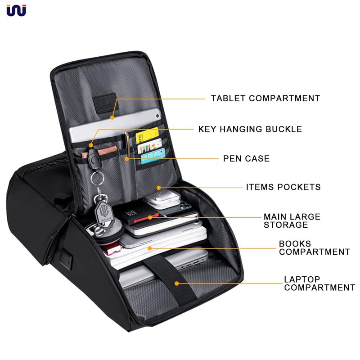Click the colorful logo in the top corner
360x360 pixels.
click(16, 10)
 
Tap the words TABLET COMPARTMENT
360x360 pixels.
click(265, 98)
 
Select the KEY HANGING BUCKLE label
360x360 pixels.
click(250, 129)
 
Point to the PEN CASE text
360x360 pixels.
click(246, 158)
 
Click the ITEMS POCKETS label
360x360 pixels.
click(283, 187)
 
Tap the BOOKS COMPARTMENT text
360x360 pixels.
click(314, 247)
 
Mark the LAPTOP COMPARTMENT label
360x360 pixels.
click(319, 283)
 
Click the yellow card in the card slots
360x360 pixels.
click(147, 135)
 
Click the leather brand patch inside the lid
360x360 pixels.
click(104, 101)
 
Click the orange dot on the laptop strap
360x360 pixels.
click(177, 283)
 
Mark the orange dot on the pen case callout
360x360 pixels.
click(127, 158)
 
